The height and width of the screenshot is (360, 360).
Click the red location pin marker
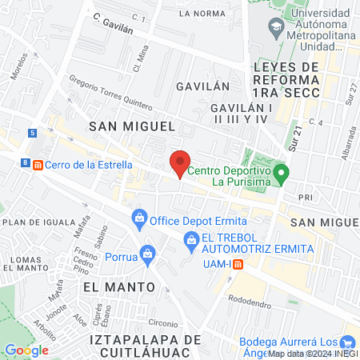coord(180,162)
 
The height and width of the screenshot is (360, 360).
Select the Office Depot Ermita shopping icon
coord(139,217)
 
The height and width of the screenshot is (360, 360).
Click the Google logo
coord(26,350)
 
